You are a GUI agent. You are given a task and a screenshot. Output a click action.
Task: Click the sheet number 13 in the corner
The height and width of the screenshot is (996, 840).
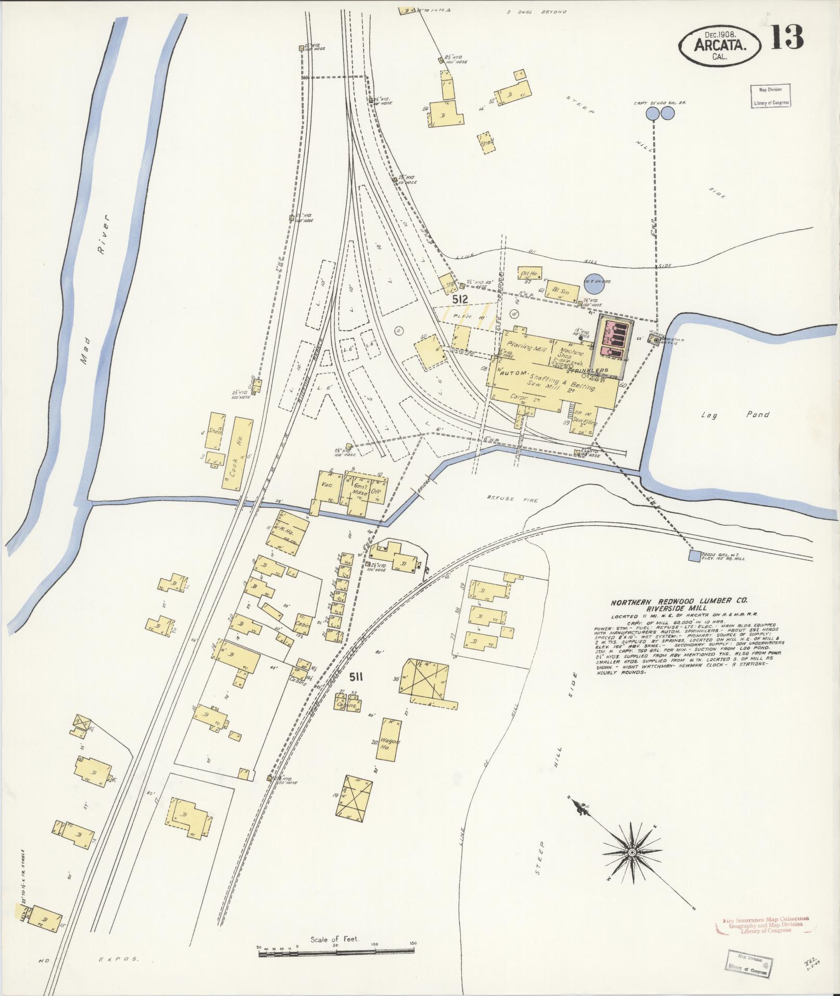click(787, 37)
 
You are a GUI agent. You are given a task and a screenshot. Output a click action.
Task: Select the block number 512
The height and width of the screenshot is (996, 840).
click(460, 299)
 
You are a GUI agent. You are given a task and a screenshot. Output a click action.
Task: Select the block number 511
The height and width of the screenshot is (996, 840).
click(356, 677)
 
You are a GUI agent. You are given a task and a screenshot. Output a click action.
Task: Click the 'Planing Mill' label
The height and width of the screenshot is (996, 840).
click(526, 347)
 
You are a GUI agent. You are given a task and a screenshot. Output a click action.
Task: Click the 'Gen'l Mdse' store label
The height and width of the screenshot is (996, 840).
click(360, 489)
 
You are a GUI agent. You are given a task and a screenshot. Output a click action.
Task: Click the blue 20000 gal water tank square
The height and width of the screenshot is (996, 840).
click(694, 556)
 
